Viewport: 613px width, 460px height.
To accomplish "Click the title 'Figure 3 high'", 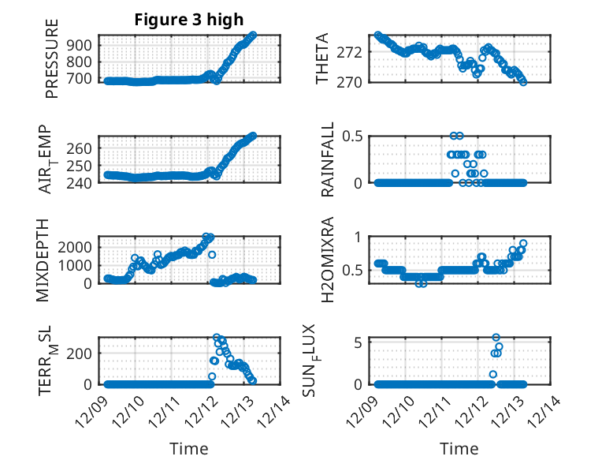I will click(188, 19).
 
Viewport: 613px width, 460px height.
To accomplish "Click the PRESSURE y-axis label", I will click(52, 64).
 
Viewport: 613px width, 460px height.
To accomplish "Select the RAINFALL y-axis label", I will click(328, 159).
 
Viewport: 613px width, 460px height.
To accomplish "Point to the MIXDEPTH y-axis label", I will click(44, 260).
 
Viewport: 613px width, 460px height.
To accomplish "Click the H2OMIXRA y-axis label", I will click(328, 260).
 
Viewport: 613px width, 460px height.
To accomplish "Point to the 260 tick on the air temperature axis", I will click(83, 148).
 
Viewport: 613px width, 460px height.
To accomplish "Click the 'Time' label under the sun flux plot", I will click(459, 449).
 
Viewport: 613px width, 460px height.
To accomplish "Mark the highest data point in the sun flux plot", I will click(496, 338).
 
